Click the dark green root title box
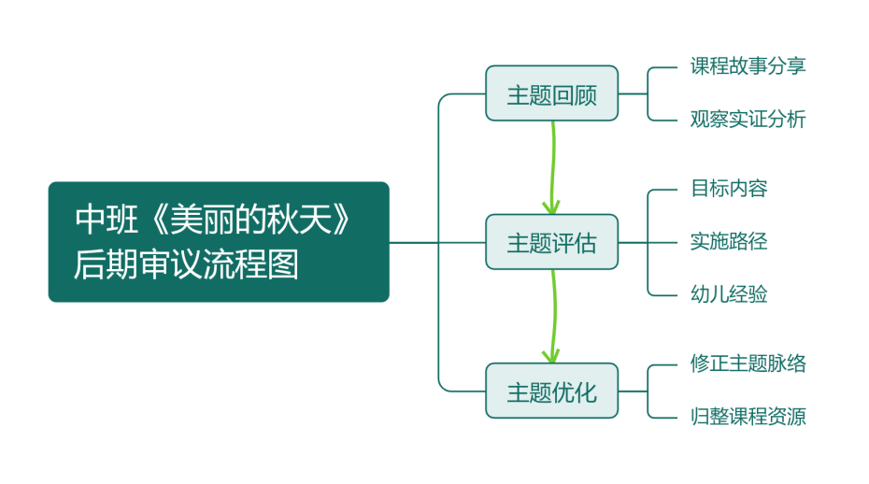point(218,241)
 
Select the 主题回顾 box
point(551,93)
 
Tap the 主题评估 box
point(551,242)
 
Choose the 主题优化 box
point(551,391)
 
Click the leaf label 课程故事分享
point(748,66)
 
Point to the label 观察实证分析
point(748,120)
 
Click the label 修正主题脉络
point(748,363)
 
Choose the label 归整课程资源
point(748,417)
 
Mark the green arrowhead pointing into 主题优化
point(551,354)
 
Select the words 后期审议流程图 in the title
point(187,264)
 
